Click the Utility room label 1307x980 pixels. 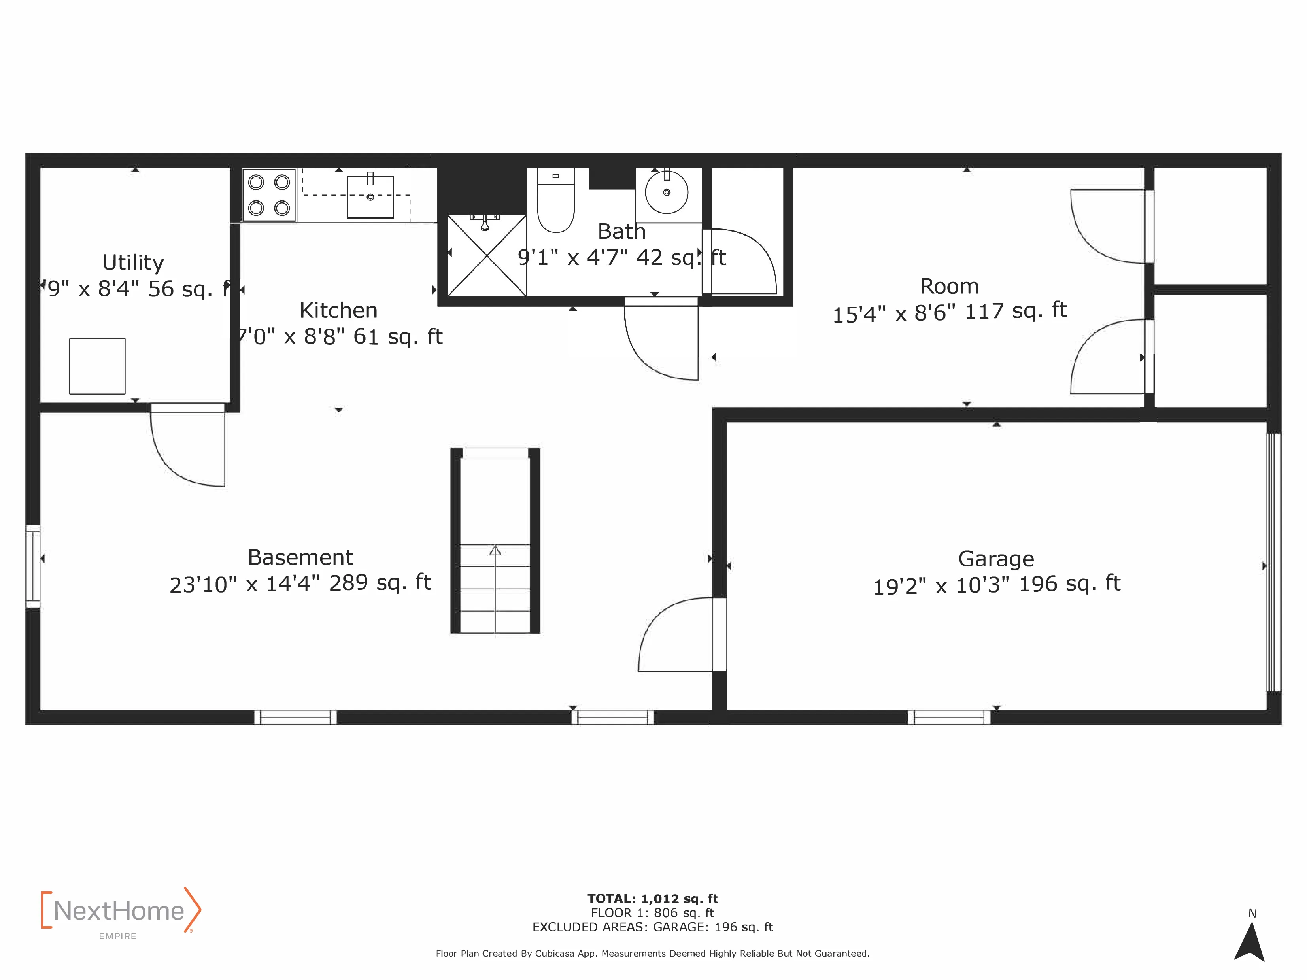[133, 262]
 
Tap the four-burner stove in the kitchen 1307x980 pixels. [269, 195]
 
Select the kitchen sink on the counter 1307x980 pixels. [370, 197]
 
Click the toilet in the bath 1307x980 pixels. [555, 201]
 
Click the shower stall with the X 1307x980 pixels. [486, 256]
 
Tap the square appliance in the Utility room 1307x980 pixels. [98, 366]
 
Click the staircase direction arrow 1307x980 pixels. [495, 551]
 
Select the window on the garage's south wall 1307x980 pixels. [948, 717]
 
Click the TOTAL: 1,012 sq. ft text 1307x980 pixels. [652, 899]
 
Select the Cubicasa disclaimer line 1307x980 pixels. [652, 954]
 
